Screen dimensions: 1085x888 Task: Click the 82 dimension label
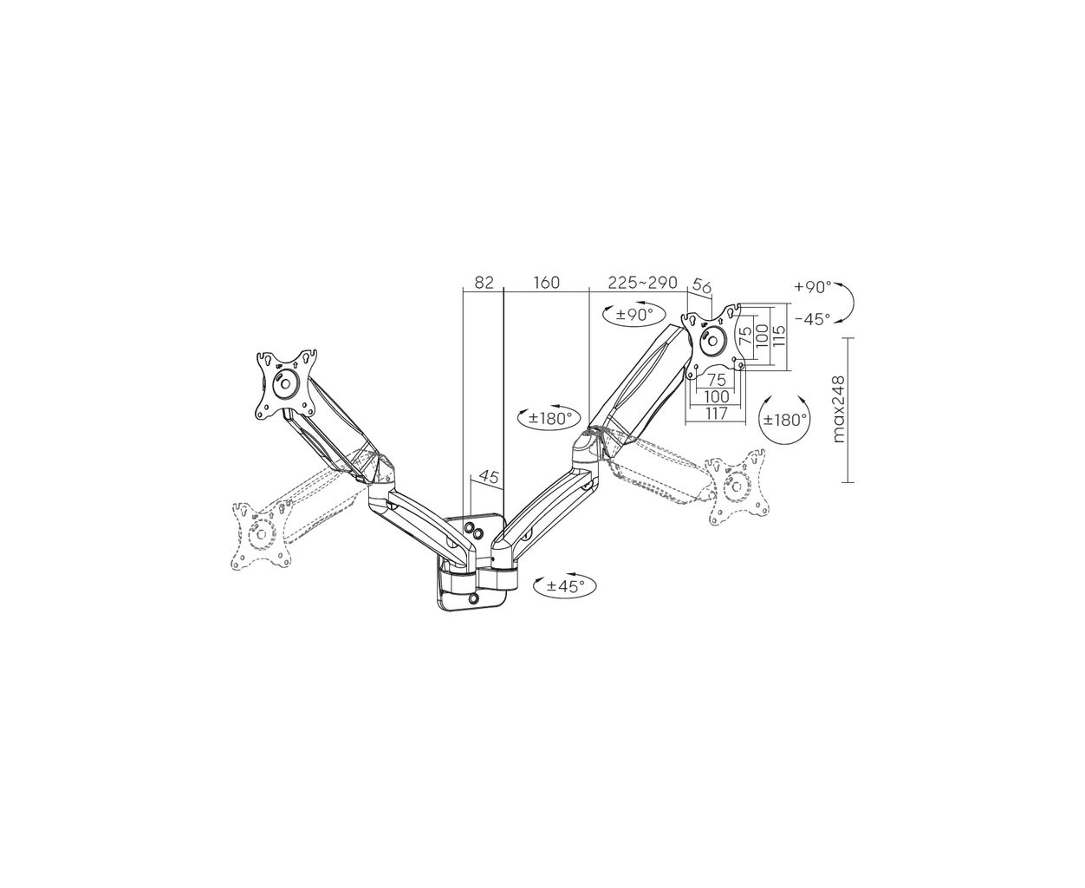tap(484, 282)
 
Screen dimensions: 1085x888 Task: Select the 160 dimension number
tap(546, 282)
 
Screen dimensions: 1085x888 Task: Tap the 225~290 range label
tap(642, 282)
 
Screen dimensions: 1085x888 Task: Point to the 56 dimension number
tap(703, 285)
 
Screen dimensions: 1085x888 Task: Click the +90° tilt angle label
tap(813, 287)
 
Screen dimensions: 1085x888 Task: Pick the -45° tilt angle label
tap(813, 319)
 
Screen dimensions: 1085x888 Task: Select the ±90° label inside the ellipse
tap(634, 314)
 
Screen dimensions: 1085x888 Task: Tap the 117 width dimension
tap(716, 414)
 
